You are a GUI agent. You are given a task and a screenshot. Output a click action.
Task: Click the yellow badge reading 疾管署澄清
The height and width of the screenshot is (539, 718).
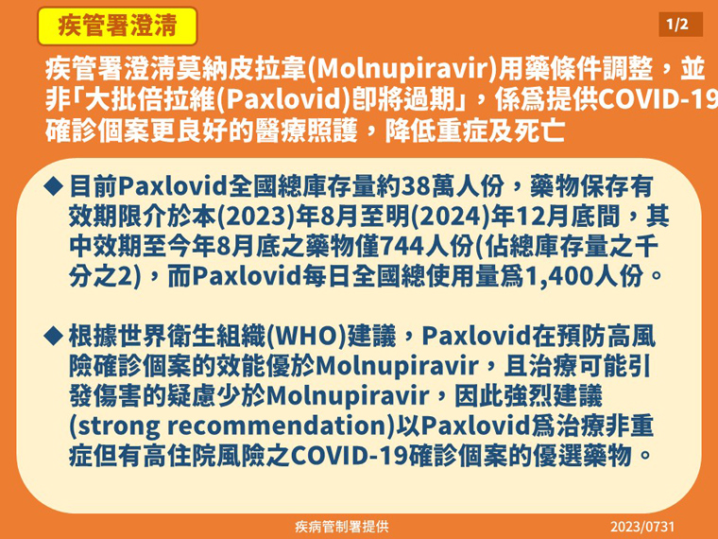point(117,26)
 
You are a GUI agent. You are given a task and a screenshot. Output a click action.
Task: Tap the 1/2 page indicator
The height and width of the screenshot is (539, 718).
point(680,25)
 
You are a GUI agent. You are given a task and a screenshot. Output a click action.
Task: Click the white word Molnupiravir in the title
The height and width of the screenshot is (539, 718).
point(403,69)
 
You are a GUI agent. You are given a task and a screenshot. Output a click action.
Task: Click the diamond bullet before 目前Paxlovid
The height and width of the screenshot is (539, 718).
point(53,186)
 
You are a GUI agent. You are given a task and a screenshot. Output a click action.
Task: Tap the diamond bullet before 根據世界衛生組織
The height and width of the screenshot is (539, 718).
point(53,336)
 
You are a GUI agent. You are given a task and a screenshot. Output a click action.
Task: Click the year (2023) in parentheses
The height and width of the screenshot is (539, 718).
point(256,217)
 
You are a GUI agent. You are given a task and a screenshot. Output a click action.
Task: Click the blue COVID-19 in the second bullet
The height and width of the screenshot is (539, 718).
point(349,456)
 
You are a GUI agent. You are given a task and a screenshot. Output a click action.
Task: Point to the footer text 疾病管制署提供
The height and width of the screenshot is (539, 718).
point(342,527)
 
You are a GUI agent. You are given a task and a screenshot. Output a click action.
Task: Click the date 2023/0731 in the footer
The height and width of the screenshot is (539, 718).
point(642,527)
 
